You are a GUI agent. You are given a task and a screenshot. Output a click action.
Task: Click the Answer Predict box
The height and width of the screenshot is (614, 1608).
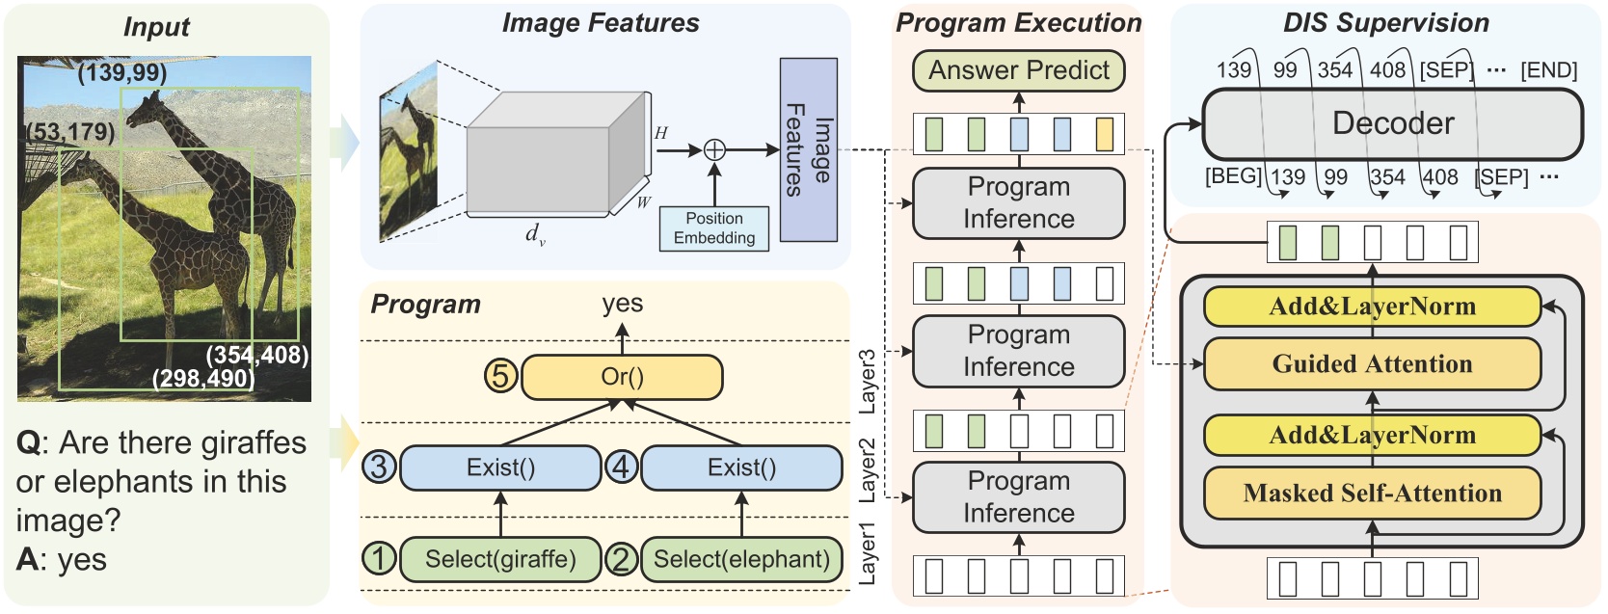pos(1018,70)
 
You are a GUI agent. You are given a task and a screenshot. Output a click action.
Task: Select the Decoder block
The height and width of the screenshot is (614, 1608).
pos(1392,124)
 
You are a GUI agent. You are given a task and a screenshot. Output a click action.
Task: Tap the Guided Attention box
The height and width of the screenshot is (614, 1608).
pos(1372,364)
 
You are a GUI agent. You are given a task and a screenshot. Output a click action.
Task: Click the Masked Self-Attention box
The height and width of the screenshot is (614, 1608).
pos(1372,494)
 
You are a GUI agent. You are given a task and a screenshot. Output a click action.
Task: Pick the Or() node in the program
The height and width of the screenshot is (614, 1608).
pos(622,377)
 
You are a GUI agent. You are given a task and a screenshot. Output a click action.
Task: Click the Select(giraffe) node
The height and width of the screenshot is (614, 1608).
pos(500,559)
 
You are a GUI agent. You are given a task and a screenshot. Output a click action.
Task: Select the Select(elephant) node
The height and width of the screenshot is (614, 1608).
pos(741,559)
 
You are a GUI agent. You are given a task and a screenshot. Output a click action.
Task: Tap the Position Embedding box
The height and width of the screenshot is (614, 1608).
pos(714,228)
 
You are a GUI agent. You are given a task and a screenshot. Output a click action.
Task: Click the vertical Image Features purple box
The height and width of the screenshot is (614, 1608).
pos(808,149)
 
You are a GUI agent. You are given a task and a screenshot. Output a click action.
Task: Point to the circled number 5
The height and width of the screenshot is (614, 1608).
pos(500,375)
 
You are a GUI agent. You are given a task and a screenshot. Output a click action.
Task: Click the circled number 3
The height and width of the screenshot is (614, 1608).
pos(379,467)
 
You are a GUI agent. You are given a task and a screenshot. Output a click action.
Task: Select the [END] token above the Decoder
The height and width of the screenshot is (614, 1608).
pos(1548,70)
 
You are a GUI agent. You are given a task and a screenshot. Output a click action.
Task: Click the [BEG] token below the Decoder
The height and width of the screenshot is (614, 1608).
pos(1232,176)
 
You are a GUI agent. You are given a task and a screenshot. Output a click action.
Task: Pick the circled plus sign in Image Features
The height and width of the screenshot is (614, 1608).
pos(714,149)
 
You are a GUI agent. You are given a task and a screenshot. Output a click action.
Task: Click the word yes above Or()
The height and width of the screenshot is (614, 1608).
pos(622,304)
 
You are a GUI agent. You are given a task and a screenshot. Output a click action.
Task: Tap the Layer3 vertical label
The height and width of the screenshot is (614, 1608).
pos(868,382)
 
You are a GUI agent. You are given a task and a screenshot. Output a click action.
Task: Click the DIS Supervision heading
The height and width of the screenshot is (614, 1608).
pos(1385,23)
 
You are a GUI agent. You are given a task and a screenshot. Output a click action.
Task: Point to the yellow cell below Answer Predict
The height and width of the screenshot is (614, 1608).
pos(1105,134)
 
